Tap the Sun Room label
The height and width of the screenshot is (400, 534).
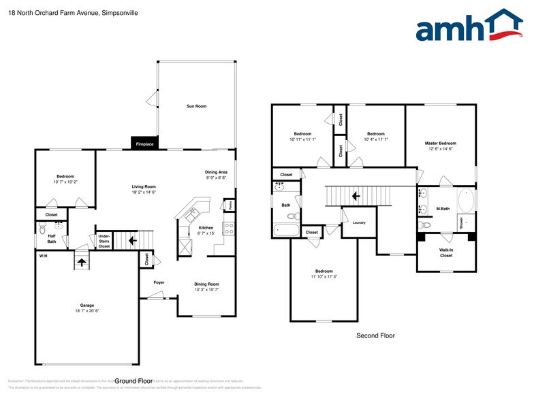point(197,106)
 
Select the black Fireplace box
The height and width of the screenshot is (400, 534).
point(144,144)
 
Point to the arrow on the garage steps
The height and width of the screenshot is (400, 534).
point(81,262)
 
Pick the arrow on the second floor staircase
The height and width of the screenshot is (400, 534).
point(356,197)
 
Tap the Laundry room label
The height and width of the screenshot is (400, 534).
point(359,222)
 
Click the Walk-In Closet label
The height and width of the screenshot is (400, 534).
point(445,252)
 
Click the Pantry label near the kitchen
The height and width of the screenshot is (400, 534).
point(230,205)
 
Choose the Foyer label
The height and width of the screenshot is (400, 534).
point(159,282)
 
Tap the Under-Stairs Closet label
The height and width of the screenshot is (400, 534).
point(104,241)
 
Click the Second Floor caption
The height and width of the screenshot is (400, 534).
point(375,335)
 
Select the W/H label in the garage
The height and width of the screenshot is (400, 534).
point(43,256)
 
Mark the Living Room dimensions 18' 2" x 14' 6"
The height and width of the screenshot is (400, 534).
point(144,193)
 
